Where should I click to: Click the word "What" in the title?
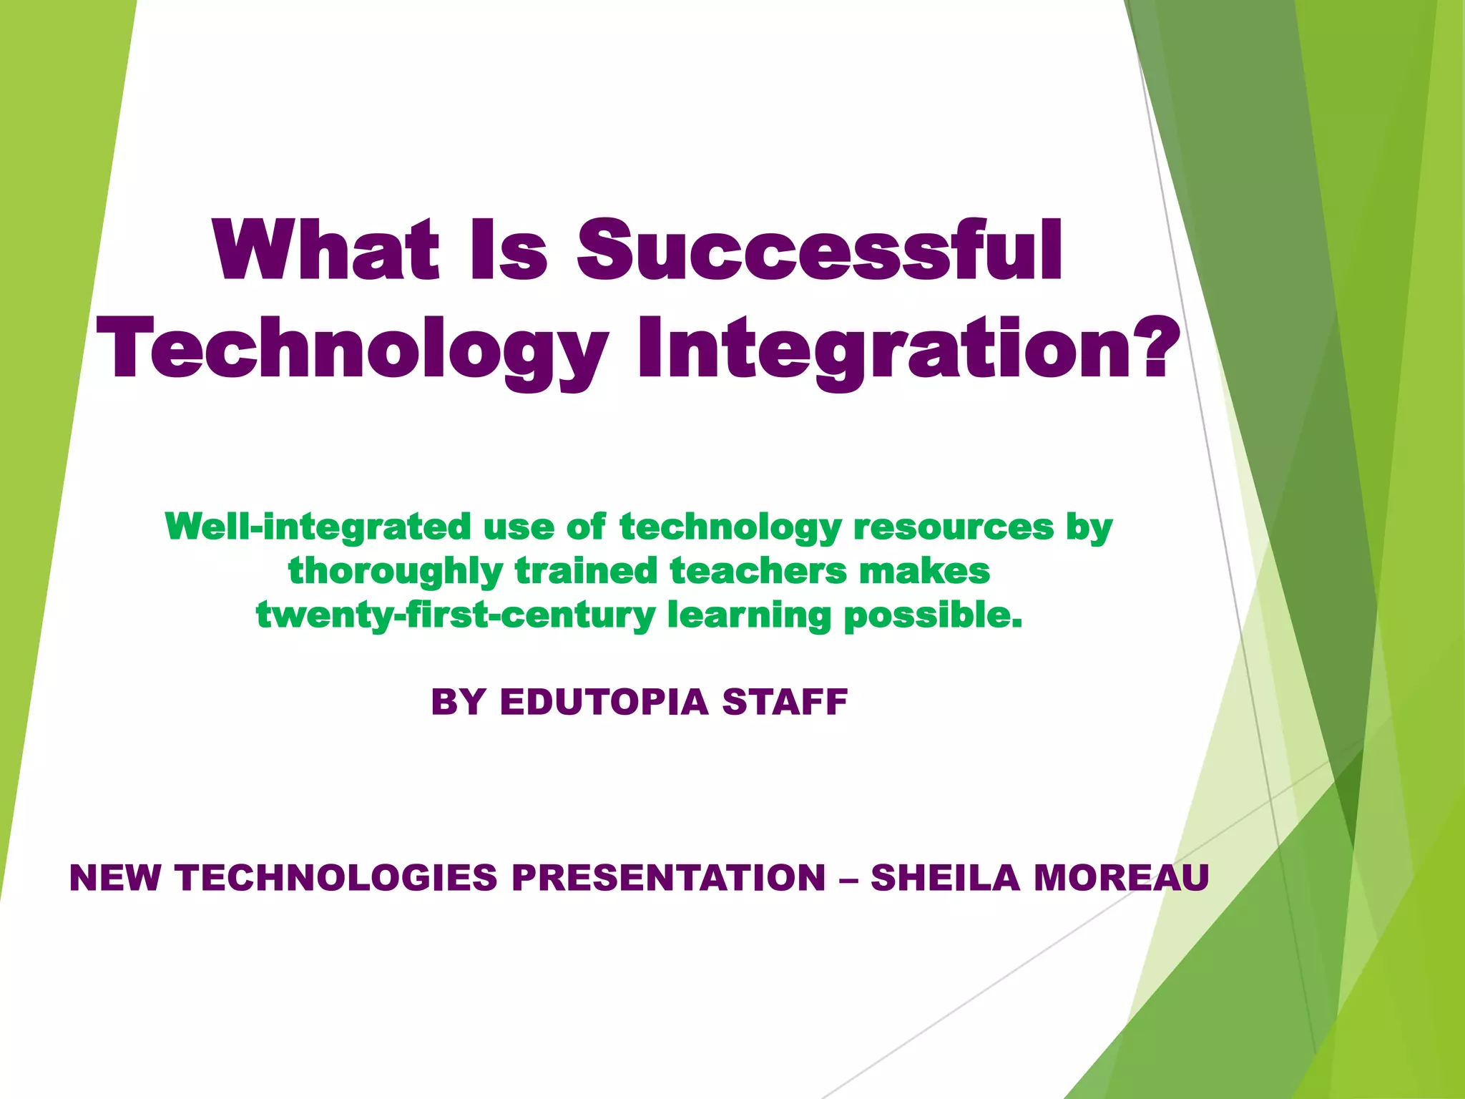[326, 250]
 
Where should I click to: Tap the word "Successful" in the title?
[820, 250]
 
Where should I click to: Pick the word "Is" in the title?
[509, 250]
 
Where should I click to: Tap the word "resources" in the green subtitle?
[953, 527]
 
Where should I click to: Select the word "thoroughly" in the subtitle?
[396, 572]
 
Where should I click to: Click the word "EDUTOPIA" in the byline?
[604, 702]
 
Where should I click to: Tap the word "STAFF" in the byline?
[785, 702]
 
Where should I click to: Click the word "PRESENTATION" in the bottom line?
[669, 878]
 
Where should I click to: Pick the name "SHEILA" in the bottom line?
[945, 878]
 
